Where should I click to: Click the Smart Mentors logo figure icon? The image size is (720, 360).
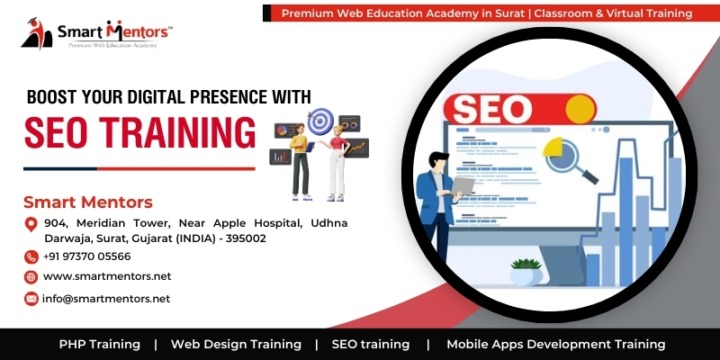click(x=37, y=33)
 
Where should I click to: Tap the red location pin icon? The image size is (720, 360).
click(x=31, y=224)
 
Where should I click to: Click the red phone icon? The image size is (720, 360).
click(x=31, y=256)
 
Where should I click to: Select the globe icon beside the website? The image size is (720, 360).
click(x=31, y=277)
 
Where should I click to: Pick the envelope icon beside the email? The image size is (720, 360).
click(x=31, y=299)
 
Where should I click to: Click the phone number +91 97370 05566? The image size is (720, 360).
click(x=86, y=256)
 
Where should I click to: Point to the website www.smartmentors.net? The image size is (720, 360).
click(x=107, y=276)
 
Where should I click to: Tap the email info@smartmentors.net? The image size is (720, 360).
click(x=106, y=299)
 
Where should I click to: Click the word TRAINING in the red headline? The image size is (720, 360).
click(x=177, y=132)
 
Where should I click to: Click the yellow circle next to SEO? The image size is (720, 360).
click(x=580, y=109)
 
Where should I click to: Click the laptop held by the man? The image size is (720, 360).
click(x=463, y=186)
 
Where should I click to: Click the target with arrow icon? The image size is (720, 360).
click(x=320, y=121)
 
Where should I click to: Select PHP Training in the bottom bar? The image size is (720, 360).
click(x=100, y=345)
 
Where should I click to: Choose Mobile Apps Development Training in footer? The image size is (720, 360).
click(x=555, y=345)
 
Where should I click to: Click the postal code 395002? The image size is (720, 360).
click(x=250, y=238)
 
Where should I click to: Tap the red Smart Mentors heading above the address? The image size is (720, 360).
click(x=88, y=202)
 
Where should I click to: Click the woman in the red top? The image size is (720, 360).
click(x=337, y=163)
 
